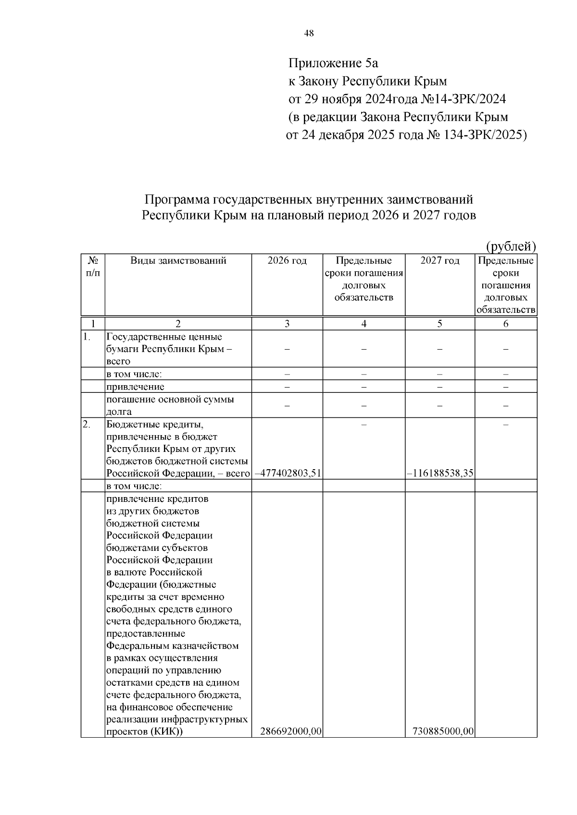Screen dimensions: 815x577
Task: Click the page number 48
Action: click(x=309, y=33)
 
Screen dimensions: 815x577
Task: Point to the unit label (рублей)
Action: click(x=511, y=246)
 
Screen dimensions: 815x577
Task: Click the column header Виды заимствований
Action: click(x=178, y=261)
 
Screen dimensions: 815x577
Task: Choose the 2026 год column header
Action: click(x=287, y=261)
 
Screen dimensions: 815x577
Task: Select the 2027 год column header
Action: click(x=439, y=261)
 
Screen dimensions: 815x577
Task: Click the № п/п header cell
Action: click(x=93, y=267)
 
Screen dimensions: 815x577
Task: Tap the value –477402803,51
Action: click(x=288, y=473)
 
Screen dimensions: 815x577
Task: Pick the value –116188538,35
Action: click(x=440, y=473)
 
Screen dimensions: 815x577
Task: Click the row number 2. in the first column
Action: click(x=86, y=424)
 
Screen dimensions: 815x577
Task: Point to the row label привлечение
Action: click(x=135, y=387)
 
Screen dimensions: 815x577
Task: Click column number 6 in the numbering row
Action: click(x=505, y=323)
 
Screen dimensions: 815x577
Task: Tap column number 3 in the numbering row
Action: click(x=287, y=323)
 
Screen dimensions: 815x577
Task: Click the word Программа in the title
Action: click(x=177, y=199)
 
